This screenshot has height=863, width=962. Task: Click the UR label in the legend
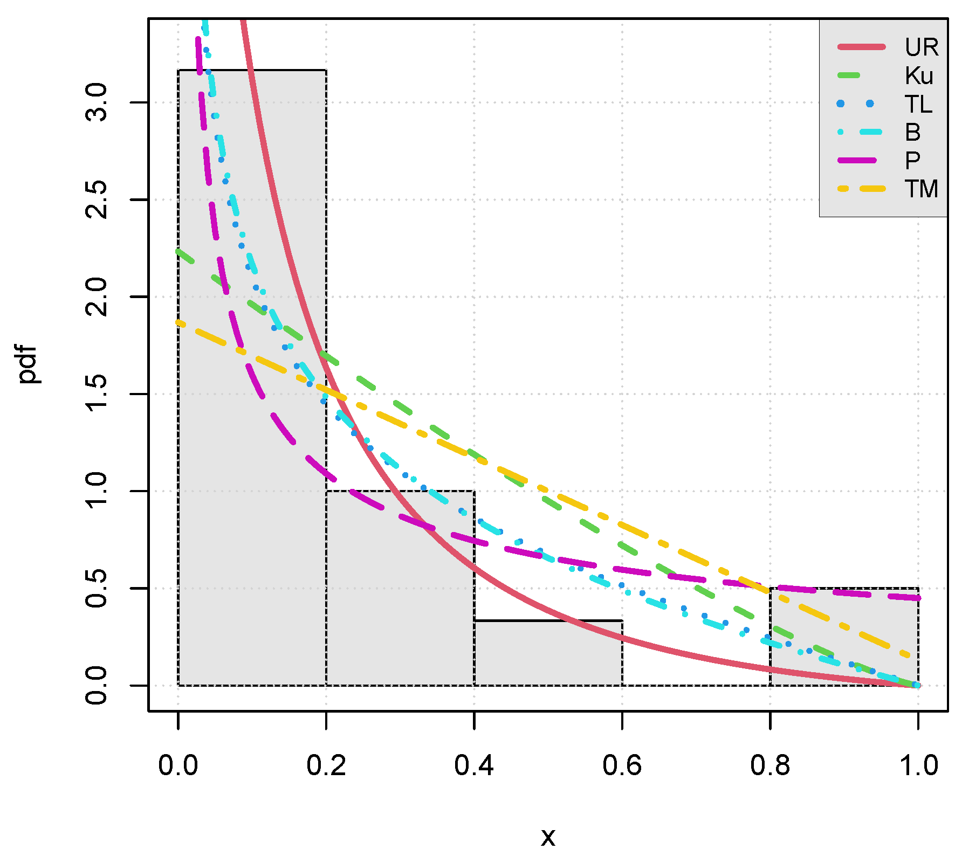(x=922, y=47)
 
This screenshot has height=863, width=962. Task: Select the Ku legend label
(x=919, y=76)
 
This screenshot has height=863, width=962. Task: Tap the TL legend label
(x=918, y=104)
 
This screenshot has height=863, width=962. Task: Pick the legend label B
(x=912, y=132)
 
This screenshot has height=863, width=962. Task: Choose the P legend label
(x=912, y=161)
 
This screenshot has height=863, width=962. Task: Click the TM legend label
(x=921, y=189)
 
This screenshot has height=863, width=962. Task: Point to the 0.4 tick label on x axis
(x=474, y=765)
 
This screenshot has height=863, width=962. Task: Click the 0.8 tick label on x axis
(x=770, y=765)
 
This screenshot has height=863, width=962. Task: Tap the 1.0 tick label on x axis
(x=918, y=765)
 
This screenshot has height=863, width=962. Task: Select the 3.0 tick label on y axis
(x=97, y=102)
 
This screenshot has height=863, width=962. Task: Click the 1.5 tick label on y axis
(x=97, y=394)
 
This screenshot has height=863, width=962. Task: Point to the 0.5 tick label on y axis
(x=97, y=588)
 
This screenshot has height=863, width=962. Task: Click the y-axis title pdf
(x=27, y=364)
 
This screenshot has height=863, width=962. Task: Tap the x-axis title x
(x=548, y=837)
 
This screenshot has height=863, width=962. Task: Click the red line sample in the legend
(x=861, y=47)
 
